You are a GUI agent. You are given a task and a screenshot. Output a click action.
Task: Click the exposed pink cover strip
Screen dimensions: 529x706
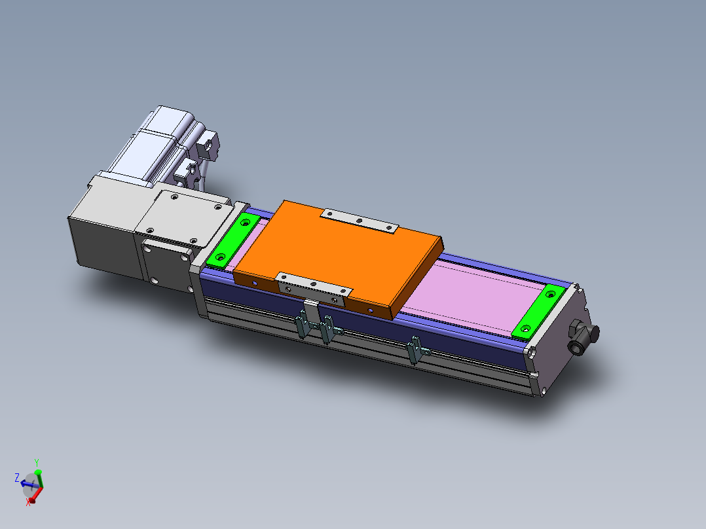[x=472, y=295]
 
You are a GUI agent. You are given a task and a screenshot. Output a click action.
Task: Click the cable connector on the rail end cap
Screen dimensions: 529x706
[x=581, y=337]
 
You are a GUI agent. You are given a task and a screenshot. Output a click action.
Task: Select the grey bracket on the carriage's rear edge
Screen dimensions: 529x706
[x=360, y=222]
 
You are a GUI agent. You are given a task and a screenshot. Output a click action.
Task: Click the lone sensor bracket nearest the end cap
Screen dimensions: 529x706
[x=414, y=350]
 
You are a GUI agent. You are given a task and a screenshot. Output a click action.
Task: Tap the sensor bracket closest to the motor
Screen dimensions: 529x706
[x=302, y=325]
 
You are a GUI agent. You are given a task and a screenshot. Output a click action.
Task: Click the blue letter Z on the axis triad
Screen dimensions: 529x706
[x=17, y=477]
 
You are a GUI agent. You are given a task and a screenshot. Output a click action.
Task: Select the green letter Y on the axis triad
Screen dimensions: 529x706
[x=37, y=462]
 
